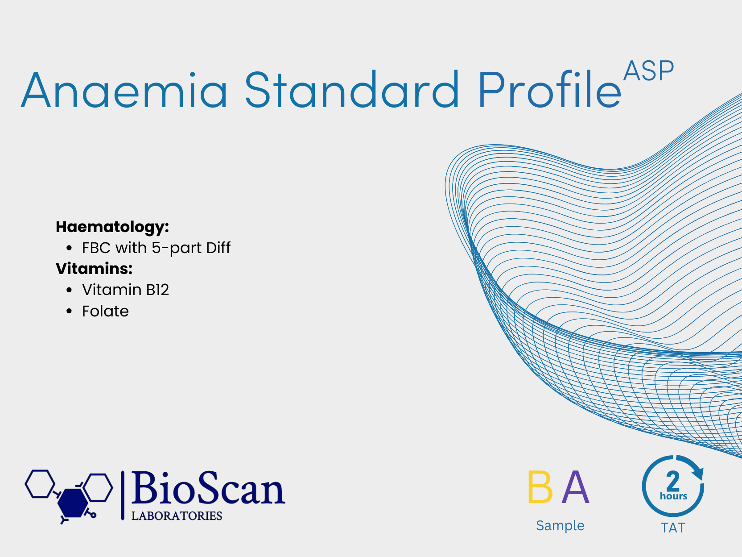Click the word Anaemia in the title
coord(124,90)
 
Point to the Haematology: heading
coord(112,227)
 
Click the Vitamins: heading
coord(94,269)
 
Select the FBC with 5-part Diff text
coord(156,248)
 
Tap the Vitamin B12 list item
coord(125,290)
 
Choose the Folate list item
coord(105,311)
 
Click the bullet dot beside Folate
coord(69,311)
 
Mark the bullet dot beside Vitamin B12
coord(69,290)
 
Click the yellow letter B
coord(540,487)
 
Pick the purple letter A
coord(575,487)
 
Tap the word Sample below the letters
coord(560,526)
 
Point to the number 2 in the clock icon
coord(673,481)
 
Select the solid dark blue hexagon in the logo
coord(72,503)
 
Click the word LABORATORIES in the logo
coord(177,516)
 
